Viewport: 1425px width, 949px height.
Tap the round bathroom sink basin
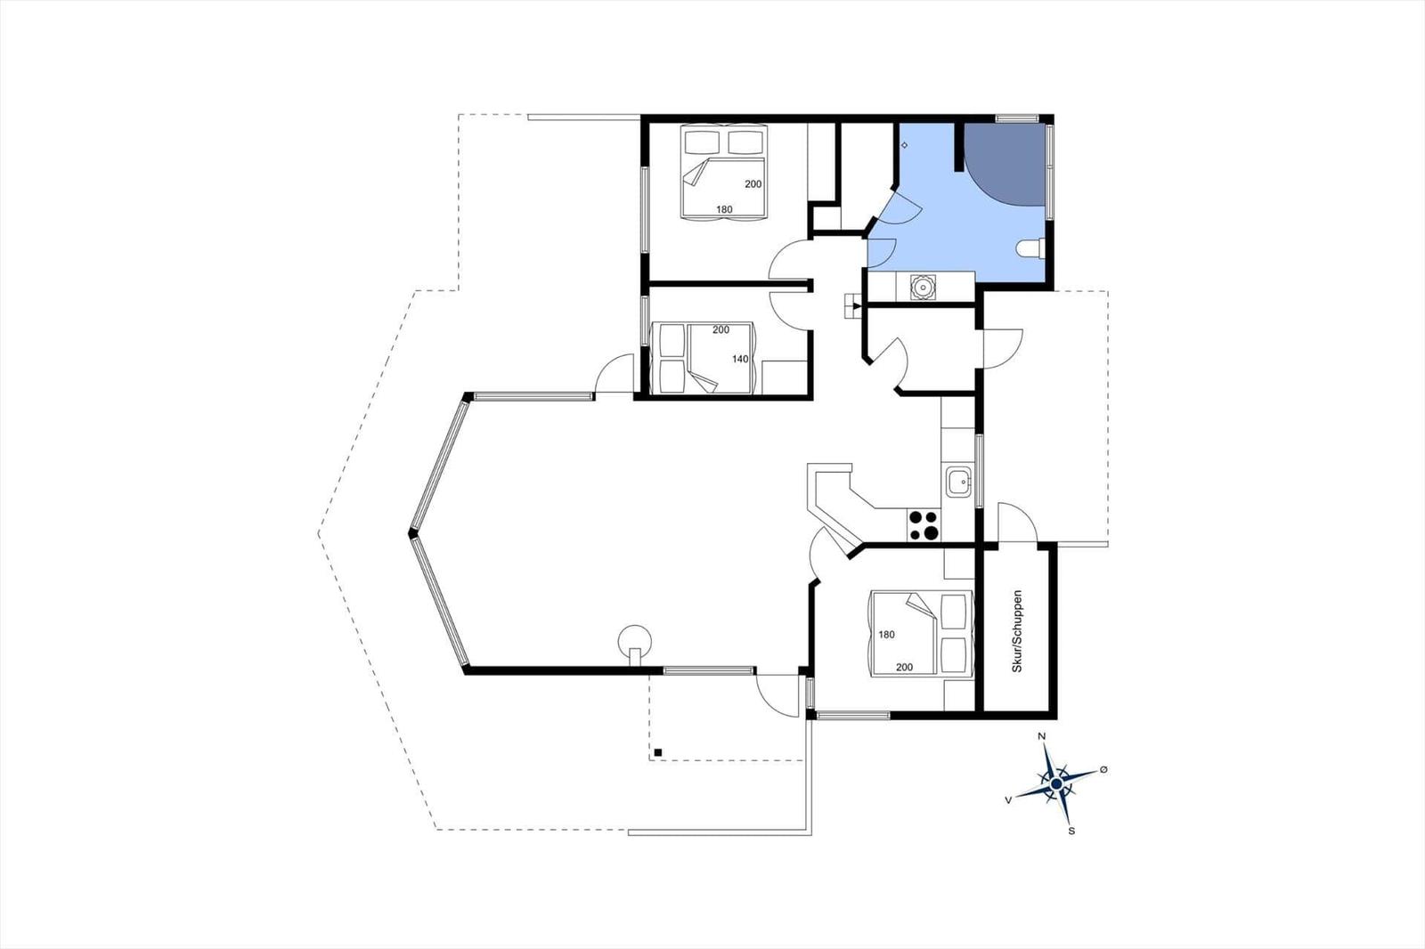(923, 287)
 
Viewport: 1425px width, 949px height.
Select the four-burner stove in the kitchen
(924, 525)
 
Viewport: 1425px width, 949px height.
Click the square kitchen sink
(958, 483)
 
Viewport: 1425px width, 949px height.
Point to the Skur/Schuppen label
(1017, 631)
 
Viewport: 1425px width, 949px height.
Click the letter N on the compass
(1042, 736)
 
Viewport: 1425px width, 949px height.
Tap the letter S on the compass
(1072, 831)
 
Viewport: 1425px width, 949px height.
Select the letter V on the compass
(1008, 800)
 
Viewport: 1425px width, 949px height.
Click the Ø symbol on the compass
(1103, 769)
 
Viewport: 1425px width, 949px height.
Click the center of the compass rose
(1056, 783)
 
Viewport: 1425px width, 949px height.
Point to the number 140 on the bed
(740, 359)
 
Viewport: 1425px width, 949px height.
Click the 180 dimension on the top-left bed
(724, 209)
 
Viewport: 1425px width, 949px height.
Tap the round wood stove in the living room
(635, 643)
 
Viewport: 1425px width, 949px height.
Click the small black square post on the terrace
(658, 752)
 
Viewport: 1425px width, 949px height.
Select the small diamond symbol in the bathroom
(904, 146)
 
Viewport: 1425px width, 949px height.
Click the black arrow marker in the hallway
(857, 306)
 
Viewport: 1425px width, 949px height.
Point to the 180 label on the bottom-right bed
(887, 634)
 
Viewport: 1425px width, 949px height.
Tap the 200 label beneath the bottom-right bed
(904, 667)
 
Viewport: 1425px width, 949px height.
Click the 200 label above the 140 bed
(721, 329)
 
